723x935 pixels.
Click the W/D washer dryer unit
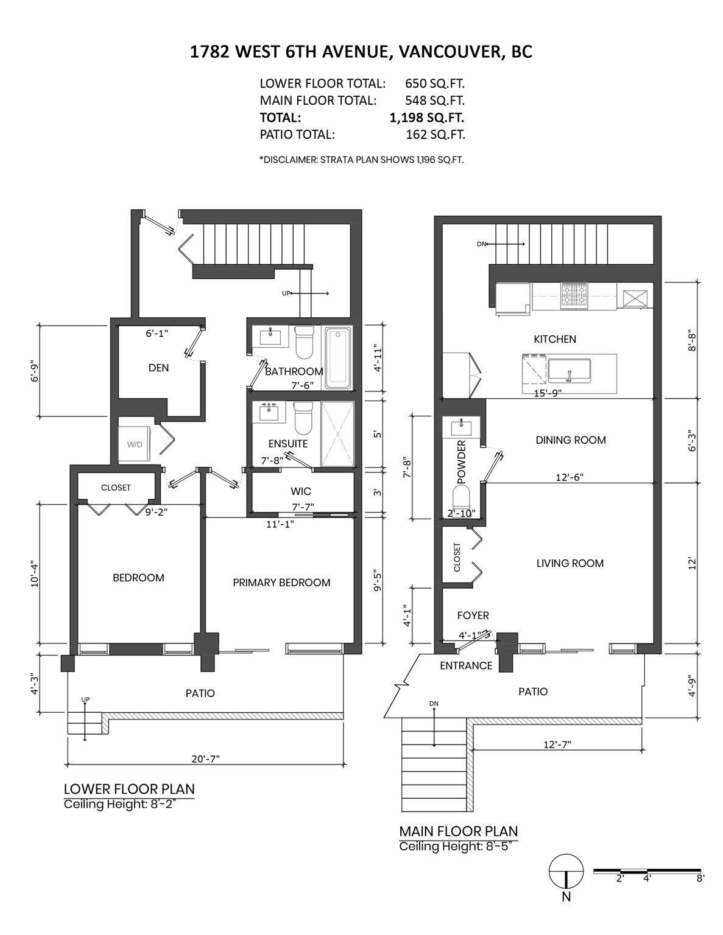point(134,444)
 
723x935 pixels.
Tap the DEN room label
point(158,368)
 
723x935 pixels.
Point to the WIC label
point(301,491)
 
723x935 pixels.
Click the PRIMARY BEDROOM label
point(281,582)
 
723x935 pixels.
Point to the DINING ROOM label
point(571,439)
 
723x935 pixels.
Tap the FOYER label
point(473,615)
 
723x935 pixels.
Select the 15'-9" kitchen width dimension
point(548,393)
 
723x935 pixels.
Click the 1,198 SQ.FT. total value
point(427,117)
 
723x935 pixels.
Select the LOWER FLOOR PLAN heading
point(129,789)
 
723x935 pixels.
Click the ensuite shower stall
point(338,434)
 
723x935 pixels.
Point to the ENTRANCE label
point(466,666)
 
